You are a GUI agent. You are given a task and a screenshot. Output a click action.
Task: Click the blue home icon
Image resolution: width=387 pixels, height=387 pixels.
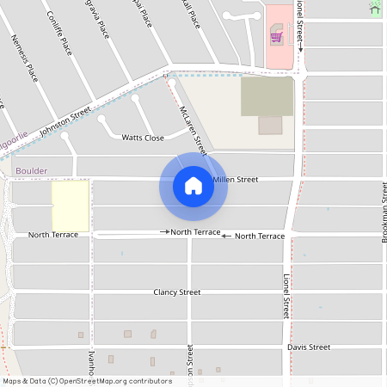pyautogui.click(x=193, y=186)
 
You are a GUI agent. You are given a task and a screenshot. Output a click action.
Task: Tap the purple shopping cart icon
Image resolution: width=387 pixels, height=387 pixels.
pyautogui.click(x=277, y=36)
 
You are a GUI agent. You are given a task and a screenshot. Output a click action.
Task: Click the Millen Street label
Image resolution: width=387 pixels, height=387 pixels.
pyautogui.click(x=235, y=180)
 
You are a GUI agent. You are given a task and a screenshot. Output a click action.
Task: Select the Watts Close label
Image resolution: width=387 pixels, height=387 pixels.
pyautogui.click(x=142, y=138)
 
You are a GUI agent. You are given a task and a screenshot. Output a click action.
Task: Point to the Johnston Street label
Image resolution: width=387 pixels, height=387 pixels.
pyautogui.click(x=66, y=119)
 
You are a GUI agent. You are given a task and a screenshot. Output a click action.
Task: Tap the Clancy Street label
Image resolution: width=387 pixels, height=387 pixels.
pyautogui.click(x=176, y=292)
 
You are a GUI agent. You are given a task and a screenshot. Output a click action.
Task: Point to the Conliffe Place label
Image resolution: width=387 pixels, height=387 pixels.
pyautogui.click(x=60, y=32)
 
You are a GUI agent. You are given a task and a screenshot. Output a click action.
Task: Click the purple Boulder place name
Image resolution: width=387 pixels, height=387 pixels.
pyautogui.click(x=31, y=171)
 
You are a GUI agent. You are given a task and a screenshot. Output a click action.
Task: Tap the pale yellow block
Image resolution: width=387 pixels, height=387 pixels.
pyautogui.click(x=71, y=205)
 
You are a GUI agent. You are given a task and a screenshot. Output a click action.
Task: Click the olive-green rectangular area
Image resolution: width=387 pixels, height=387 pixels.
pyautogui.click(x=266, y=96)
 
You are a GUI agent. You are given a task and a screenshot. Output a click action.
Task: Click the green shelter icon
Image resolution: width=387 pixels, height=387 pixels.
pyautogui.click(x=375, y=8)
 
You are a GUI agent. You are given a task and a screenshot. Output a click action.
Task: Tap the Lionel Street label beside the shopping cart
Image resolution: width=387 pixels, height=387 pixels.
pyautogui.click(x=300, y=26)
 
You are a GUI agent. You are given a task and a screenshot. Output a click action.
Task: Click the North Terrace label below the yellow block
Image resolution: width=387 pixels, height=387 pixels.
pyautogui.click(x=53, y=235)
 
